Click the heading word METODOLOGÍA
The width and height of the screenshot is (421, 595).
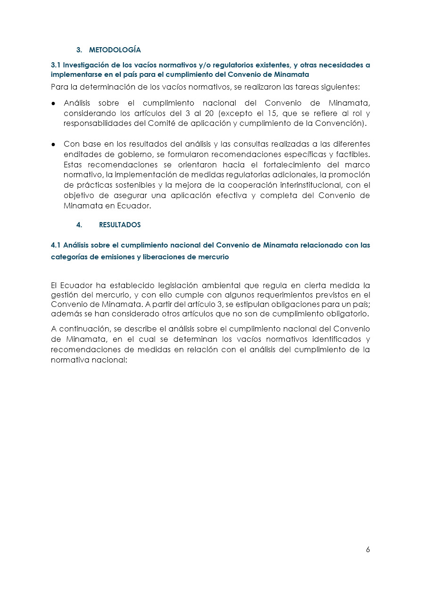coord(115,50)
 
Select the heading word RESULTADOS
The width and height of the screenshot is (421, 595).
coord(120,225)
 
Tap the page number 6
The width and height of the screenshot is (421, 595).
coord(368,550)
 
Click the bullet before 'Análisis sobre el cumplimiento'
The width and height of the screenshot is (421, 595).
coord(54,103)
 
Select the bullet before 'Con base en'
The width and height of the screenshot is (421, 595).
coord(54,144)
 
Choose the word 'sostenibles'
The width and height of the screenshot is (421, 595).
coord(125,185)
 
